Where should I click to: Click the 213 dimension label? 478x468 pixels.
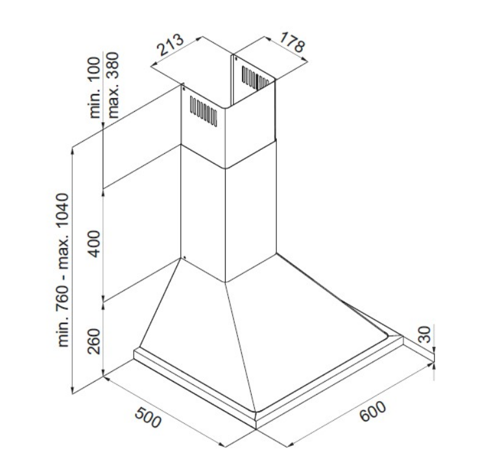(x=170, y=45)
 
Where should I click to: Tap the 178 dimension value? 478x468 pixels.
(x=292, y=42)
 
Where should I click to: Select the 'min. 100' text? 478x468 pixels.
(x=95, y=88)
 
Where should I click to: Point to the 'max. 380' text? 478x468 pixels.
(x=113, y=85)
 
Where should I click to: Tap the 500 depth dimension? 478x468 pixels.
(x=148, y=417)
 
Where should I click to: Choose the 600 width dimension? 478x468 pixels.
(x=372, y=412)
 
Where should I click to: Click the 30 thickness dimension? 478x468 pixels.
(x=425, y=334)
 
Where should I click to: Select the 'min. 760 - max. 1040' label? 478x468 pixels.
(x=63, y=270)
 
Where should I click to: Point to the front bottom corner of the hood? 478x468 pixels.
(x=256, y=428)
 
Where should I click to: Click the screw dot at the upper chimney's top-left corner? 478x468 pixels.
(x=184, y=89)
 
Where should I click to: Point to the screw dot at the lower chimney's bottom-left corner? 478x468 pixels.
(x=184, y=257)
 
